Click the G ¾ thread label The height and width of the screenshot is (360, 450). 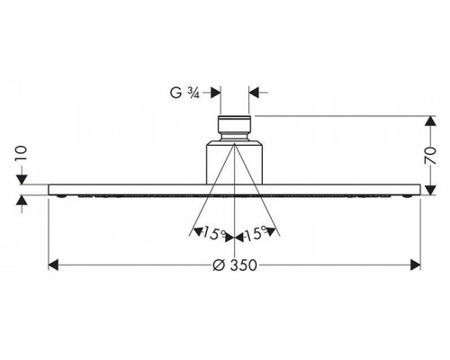pyautogui.click(x=184, y=93)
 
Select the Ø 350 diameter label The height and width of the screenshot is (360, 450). pyautogui.click(x=235, y=265)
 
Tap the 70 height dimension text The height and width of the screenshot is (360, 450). pyautogui.click(x=430, y=156)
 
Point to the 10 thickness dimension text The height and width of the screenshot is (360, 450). pyautogui.click(x=22, y=154)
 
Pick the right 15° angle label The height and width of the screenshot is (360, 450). pyautogui.click(x=256, y=233)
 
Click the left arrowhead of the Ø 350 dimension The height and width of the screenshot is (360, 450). pyautogui.click(x=53, y=265)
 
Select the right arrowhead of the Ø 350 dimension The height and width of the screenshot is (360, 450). pyautogui.click(x=416, y=265)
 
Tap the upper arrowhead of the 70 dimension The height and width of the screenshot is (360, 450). pyautogui.click(x=430, y=121)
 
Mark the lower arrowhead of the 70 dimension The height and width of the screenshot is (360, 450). pyautogui.click(x=430, y=190)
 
